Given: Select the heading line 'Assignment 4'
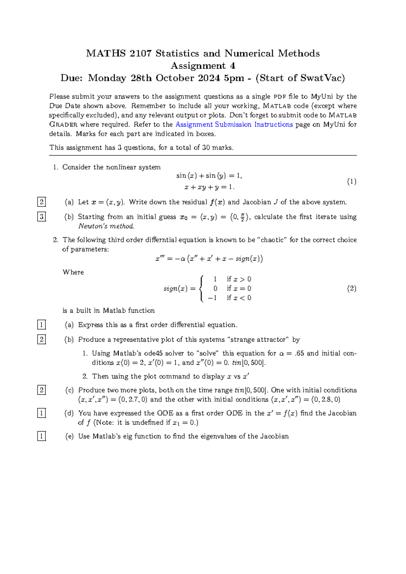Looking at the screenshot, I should point(203,66).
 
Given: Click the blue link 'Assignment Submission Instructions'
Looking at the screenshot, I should point(234,125).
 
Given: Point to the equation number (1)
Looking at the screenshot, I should point(352,181).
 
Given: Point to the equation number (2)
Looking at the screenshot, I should point(352,288).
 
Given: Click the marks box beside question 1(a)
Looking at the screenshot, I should point(41,202).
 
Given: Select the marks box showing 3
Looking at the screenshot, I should point(41,217).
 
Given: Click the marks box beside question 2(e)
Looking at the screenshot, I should point(41,436).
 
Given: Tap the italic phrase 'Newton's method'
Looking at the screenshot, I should point(106,226).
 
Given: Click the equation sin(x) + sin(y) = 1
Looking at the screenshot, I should point(209,176).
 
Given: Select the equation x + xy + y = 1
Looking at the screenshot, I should point(209,187).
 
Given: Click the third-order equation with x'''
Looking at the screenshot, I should point(209,259).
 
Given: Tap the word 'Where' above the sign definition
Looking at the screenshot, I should point(73,272).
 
